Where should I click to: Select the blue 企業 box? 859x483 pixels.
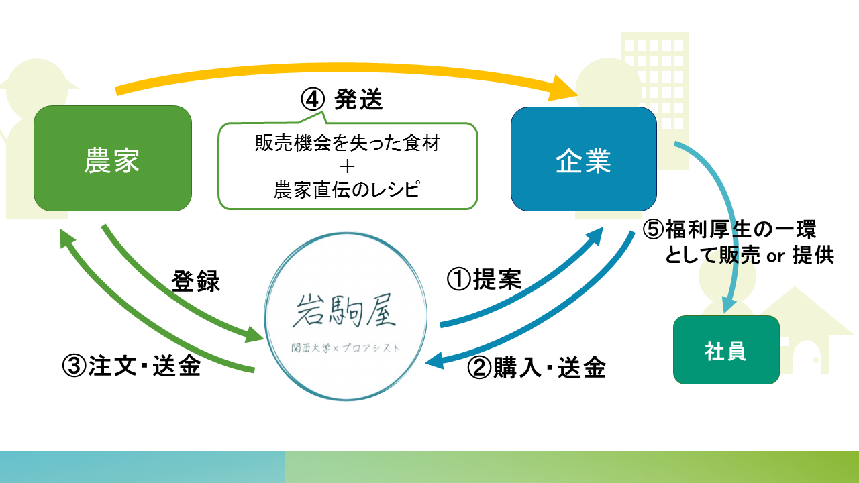click(x=583, y=159)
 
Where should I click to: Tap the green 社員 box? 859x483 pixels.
click(x=726, y=350)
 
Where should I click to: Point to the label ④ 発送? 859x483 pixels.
click(x=342, y=100)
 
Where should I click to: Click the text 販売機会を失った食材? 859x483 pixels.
click(x=347, y=143)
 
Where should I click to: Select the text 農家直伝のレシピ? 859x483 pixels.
click(x=347, y=190)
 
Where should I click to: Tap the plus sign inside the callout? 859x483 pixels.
click(x=347, y=166)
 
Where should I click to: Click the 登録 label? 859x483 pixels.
click(x=196, y=282)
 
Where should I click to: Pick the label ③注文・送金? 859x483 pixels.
click(x=132, y=366)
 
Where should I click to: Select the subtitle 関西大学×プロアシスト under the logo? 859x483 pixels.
click(x=346, y=348)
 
